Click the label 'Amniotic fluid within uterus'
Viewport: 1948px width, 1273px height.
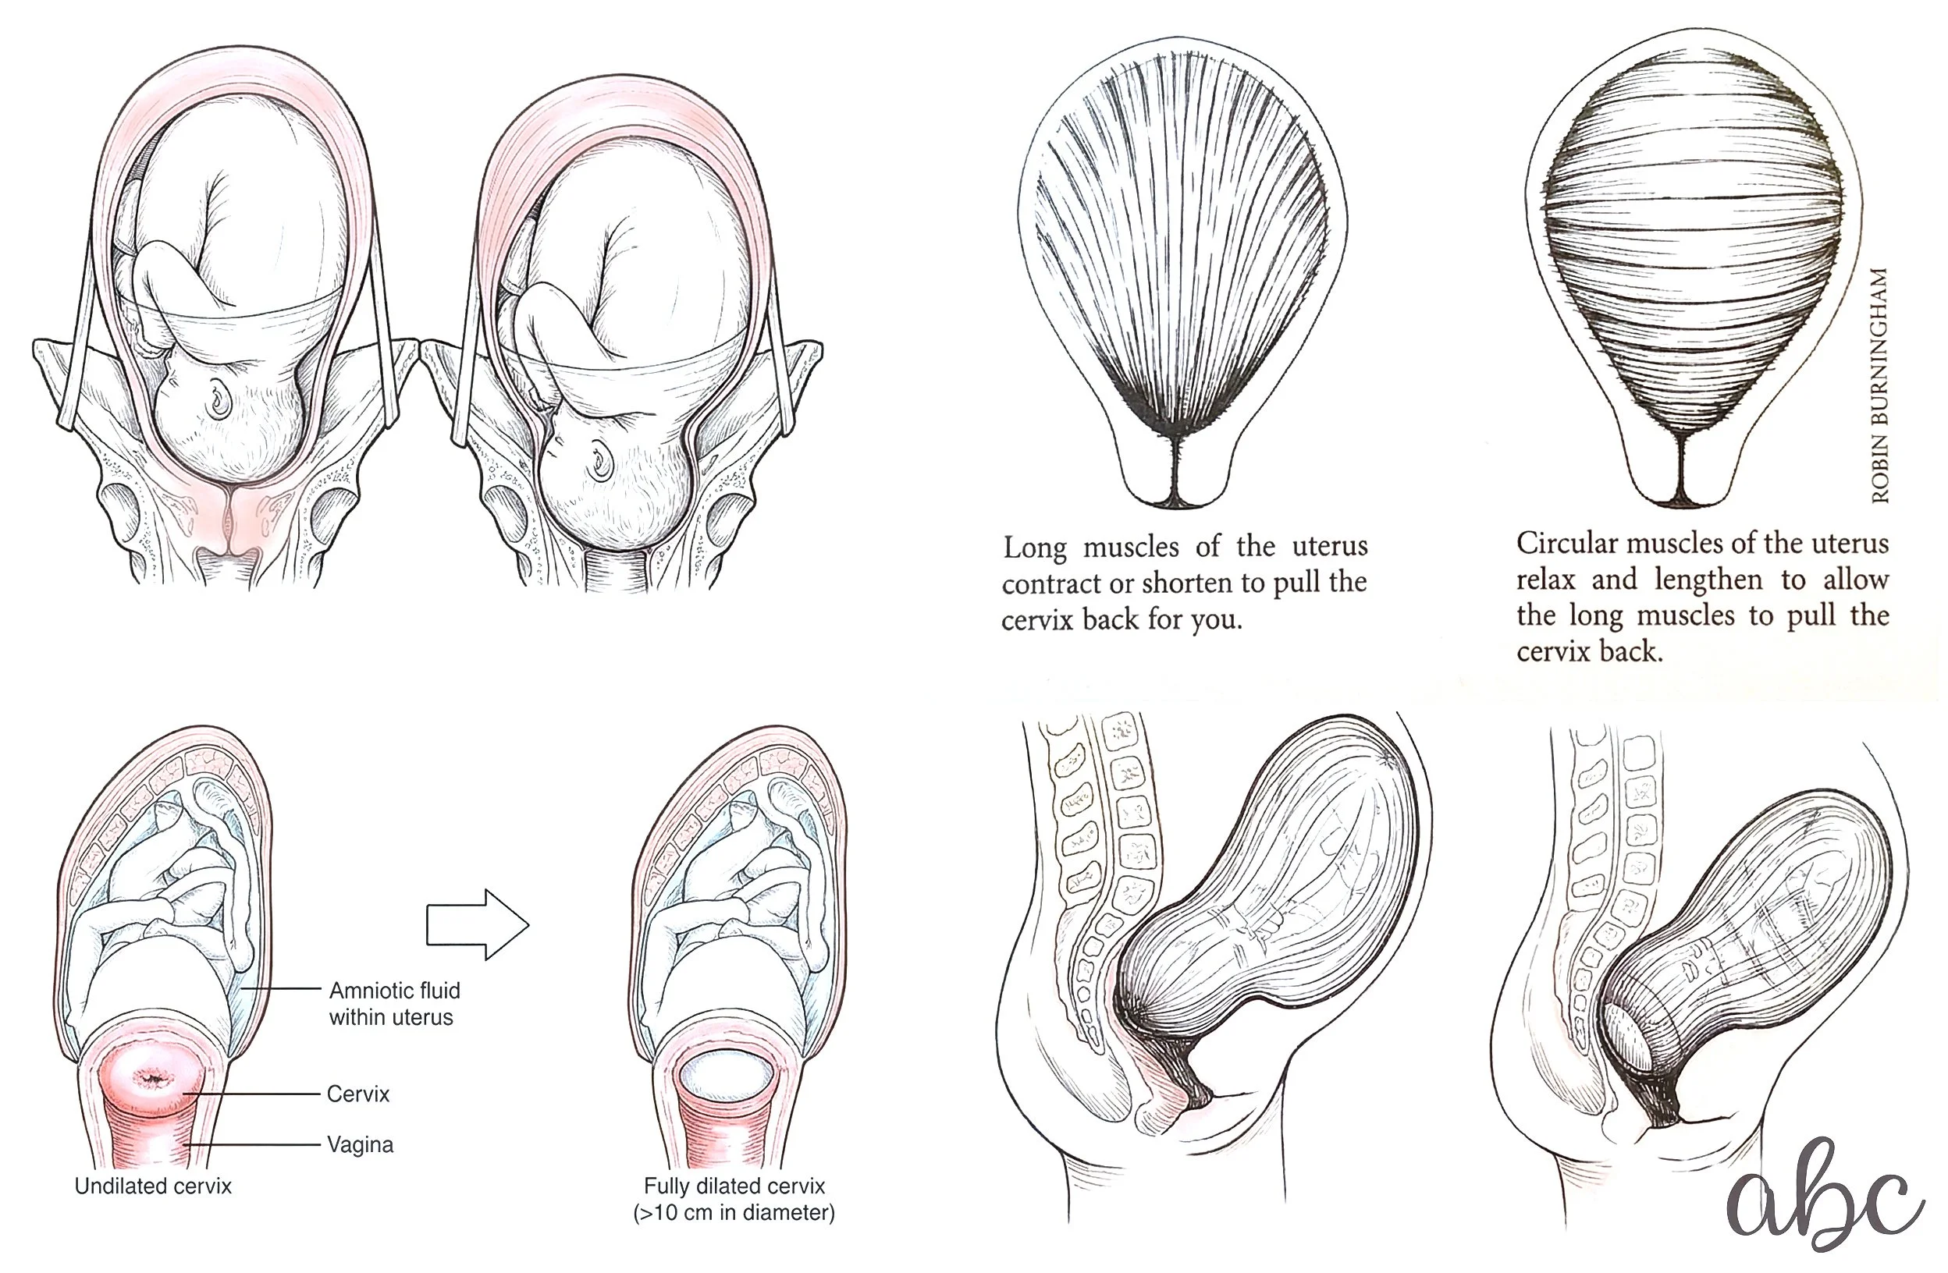[393, 1004]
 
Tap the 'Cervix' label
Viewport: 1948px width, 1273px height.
[357, 1094]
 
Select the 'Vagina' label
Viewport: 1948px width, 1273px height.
[360, 1144]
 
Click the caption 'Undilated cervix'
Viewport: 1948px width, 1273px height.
[153, 1186]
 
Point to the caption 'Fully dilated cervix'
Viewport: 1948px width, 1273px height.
[734, 1186]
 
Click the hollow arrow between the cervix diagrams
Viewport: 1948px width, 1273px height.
[478, 924]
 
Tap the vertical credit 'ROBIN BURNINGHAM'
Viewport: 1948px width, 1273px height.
[1880, 385]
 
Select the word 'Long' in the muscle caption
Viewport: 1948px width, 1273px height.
[1035, 547]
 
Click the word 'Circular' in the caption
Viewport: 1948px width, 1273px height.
[1566, 543]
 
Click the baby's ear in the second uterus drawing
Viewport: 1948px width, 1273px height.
[602, 460]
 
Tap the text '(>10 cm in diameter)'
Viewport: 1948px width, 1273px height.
[734, 1212]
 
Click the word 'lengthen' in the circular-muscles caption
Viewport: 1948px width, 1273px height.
[1708, 580]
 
